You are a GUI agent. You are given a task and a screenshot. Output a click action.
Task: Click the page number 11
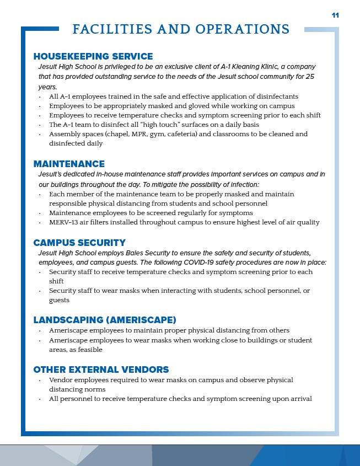[x=335, y=15]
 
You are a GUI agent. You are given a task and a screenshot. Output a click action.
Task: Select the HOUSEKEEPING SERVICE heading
[x=93, y=56]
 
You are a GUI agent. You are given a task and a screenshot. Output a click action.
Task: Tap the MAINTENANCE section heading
[x=69, y=164]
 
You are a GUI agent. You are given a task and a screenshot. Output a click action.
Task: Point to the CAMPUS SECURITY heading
[x=79, y=243]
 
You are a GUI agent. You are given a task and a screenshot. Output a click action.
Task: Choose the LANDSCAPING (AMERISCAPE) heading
[x=105, y=320]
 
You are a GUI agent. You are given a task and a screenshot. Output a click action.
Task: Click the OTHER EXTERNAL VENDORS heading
[x=101, y=369]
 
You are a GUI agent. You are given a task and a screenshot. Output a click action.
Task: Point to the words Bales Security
[x=157, y=252]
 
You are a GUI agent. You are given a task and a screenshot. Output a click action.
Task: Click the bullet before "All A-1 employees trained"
[x=40, y=97]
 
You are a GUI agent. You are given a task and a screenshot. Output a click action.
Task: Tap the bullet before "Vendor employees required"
[x=40, y=380]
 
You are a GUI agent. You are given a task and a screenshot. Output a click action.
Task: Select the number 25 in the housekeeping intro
[x=309, y=76]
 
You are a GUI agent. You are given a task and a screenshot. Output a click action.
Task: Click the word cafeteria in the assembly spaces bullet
[x=185, y=134]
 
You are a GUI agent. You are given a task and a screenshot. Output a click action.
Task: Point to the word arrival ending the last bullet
[x=300, y=399]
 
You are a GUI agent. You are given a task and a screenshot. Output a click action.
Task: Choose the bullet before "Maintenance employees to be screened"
[x=40, y=213]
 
